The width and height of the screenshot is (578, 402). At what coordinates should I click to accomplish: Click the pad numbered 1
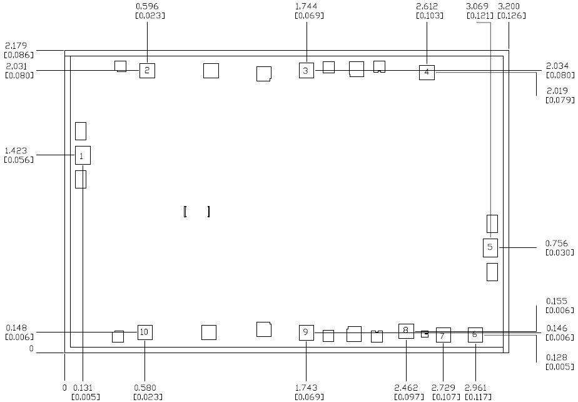tap(83, 155)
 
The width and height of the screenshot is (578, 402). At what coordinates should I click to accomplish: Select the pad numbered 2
tap(147, 70)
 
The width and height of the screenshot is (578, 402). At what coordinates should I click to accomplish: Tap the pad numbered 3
tap(306, 70)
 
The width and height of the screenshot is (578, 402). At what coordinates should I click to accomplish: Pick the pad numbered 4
tap(427, 72)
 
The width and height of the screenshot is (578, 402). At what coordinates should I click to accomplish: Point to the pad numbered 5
tap(490, 247)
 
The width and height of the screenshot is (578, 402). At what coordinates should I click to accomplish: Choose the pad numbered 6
tap(475, 334)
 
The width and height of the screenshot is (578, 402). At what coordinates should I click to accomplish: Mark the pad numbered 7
tap(443, 336)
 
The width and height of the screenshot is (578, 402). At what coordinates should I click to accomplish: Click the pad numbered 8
tap(406, 331)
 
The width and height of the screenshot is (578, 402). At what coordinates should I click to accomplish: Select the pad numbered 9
tap(306, 332)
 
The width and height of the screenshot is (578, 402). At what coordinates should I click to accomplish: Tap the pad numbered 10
tap(144, 332)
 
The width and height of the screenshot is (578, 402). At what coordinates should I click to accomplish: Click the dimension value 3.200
tap(507, 6)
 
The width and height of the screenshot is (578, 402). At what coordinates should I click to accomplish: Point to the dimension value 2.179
tap(15, 46)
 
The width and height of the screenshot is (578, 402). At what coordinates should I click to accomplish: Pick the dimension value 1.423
tap(16, 151)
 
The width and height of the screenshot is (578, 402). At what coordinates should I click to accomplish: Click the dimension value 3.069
tap(479, 6)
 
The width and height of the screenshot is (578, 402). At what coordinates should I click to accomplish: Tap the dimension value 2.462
tap(407, 388)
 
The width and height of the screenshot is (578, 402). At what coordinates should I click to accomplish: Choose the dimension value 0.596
tap(147, 6)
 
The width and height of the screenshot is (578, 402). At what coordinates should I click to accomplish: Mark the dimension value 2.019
tap(557, 91)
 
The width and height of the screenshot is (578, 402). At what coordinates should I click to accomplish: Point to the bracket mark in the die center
tap(196, 212)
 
